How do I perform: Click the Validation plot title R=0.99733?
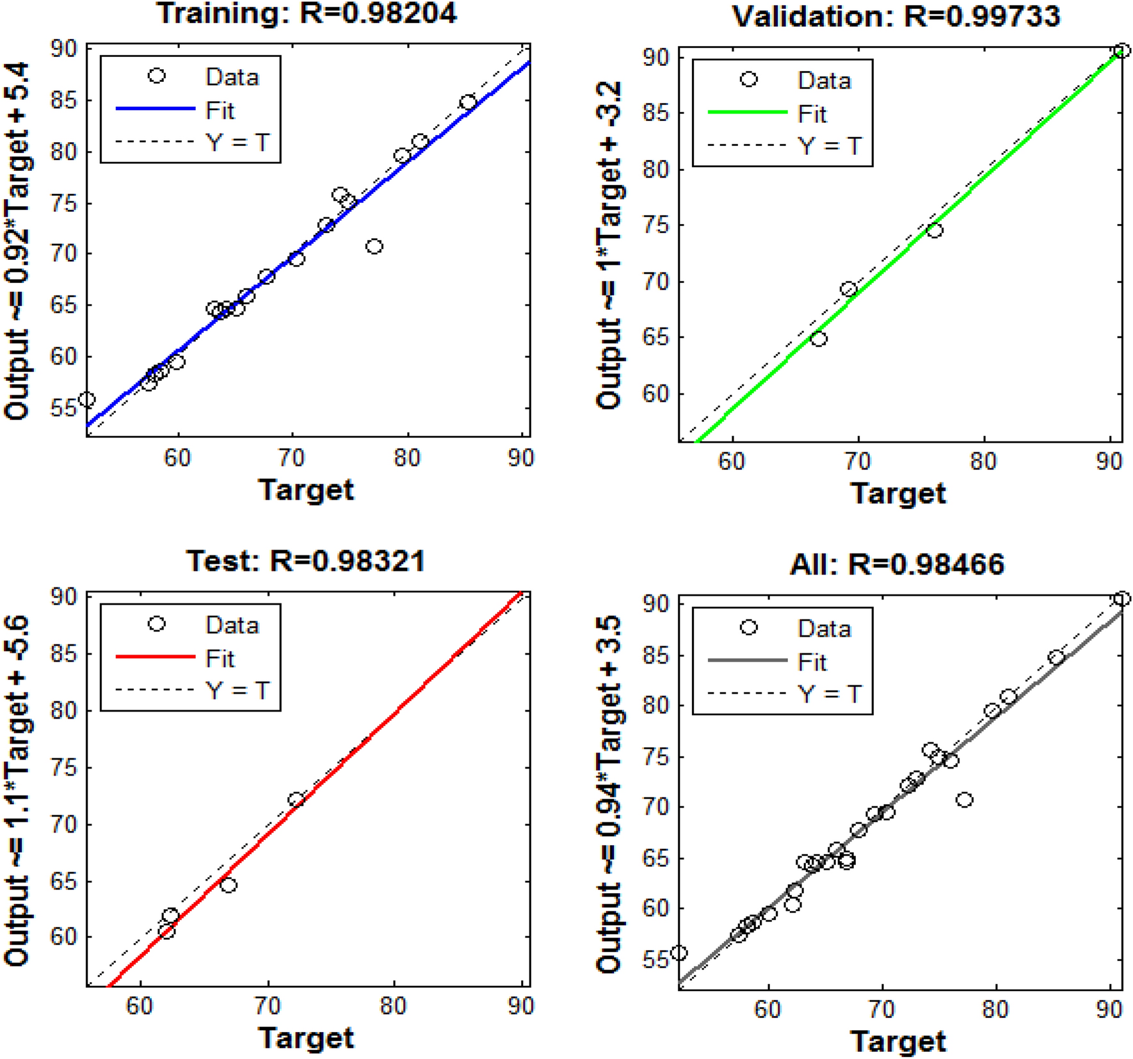pos(896,16)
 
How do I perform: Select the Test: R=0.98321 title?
pos(305,561)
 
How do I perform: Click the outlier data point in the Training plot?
pos(374,246)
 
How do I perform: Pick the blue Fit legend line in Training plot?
pos(156,109)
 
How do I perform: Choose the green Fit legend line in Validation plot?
pos(747,113)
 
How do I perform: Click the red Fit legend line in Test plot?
pos(156,657)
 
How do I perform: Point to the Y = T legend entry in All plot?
pos(830,694)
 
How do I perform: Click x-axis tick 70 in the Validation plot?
pos(857,461)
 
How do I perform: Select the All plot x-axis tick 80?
pos(995,1009)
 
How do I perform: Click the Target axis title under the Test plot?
pos(306,1037)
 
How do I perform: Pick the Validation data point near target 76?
pos(935,230)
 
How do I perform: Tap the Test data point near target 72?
pos(296,800)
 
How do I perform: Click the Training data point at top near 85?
pos(468,102)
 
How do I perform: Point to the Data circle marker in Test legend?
pos(157,624)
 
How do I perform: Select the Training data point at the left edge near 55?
pos(87,400)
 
